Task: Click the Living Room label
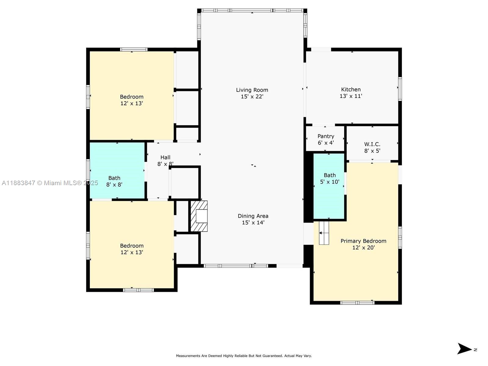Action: click(x=252, y=90)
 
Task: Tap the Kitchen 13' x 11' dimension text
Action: click(x=351, y=96)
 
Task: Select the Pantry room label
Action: click(x=326, y=136)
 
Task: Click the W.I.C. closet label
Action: click(x=372, y=144)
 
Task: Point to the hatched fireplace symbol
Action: click(x=199, y=216)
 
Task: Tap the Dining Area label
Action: click(x=253, y=216)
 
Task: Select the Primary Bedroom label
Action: click(x=363, y=241)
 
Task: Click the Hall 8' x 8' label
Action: click(x=165, y=161)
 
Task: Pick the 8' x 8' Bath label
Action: click(x=114, y=181)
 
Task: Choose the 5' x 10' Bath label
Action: click(x=329, y=178)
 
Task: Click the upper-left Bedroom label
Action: click(x=131, y=97)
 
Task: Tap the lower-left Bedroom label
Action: click(x=131, y=246)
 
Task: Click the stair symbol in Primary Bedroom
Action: click(x=324, y=233)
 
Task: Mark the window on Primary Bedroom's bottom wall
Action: click(x=357, y=303)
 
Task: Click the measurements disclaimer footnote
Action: click(x=244, y=356)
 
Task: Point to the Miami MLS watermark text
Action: click(x=50, y=183)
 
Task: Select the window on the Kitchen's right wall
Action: click(x=400, y=89)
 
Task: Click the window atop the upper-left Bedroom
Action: click(x=134, y=49)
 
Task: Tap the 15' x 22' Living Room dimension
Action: click(x=252, y=97)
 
